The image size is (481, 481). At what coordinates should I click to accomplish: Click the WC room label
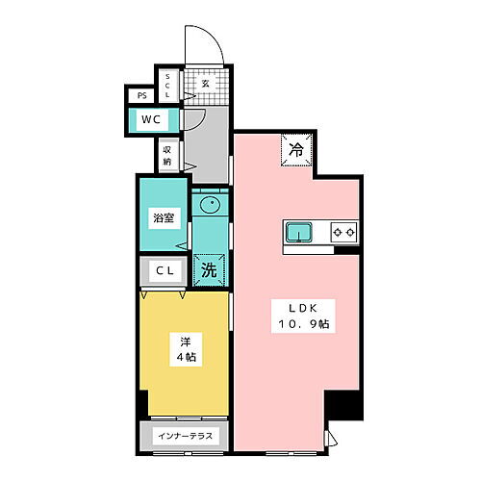pyautogui.click(x=150, y=119)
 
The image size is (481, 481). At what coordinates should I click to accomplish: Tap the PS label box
pyautogui.click(x=141, y=95)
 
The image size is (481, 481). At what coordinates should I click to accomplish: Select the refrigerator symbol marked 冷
pyautogui.click(x=296, y=149)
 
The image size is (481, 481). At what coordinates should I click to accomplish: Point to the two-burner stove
pyautogui.click(x=343, y=231)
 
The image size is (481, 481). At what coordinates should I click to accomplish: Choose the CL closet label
pyautogui.click(x=165, y=272)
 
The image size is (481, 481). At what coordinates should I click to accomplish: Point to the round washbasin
pyautogui.click(x=210, y=205)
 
